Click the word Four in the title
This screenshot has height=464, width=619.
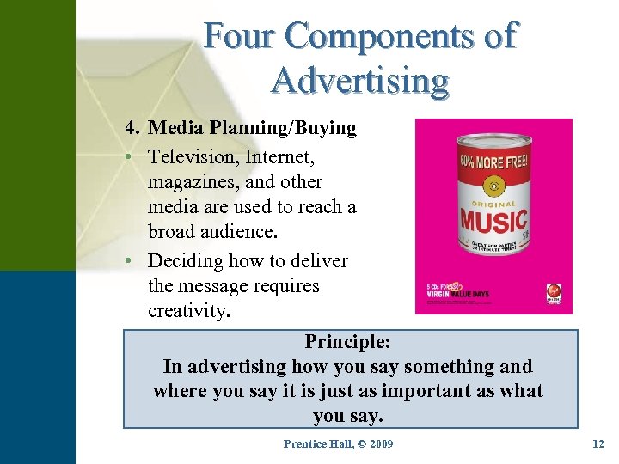pos(238,36)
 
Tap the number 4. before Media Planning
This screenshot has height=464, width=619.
pos(132,128)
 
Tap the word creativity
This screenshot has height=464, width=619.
pos(189,311)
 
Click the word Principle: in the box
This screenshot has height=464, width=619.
pos(347,341)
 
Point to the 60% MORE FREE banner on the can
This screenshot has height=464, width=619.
pos(493,161)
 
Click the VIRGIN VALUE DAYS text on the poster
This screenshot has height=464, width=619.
pos(457,293)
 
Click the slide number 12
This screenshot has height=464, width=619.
pos(598,444)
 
